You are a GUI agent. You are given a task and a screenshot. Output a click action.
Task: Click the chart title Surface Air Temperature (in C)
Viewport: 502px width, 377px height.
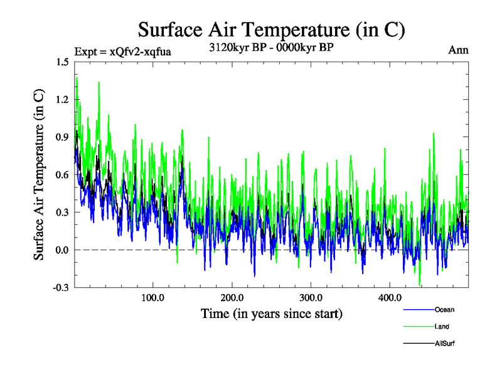tap(271, 30)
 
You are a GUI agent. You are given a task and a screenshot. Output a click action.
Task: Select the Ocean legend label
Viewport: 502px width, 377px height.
tap(444, 310)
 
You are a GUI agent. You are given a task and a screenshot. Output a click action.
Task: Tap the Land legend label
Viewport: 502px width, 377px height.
tap(442, 327)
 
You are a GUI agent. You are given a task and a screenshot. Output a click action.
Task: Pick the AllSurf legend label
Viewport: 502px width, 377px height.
tap(445, 344)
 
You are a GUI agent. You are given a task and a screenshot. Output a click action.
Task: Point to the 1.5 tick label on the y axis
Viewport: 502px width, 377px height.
tap(62, 62)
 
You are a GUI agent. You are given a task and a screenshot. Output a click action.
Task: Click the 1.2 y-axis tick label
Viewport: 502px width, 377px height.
tap(62, 99)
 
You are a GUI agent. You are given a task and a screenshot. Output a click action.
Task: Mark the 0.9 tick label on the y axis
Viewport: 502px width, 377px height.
tap(62, 137)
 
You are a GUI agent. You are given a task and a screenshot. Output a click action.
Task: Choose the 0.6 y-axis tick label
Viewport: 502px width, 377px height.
tap(62, 175)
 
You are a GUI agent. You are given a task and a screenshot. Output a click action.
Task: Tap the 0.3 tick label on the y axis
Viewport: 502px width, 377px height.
tap(62, 212)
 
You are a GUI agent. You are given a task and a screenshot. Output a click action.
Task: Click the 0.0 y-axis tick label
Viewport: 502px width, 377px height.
tap(62, 250)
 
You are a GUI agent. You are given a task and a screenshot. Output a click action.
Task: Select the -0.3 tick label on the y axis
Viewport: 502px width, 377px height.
tap(61, 288)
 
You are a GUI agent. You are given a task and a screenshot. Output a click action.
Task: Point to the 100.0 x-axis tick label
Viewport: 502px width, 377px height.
tap(153, 298)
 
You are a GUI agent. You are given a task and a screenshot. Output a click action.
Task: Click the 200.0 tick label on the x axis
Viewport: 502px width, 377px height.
tap(232, 298)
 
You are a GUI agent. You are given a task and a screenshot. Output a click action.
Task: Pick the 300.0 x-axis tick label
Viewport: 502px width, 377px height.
tap(311, 298)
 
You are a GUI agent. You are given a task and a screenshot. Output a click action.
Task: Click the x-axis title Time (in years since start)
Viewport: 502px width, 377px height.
tap(271, 313)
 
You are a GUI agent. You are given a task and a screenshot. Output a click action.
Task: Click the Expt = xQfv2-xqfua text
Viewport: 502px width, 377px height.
tap(122, 51)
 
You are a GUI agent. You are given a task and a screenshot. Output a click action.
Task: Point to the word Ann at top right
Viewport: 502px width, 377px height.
tap(458, 50)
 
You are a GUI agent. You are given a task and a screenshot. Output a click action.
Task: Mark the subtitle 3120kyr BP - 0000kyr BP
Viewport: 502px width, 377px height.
tap(271, 46)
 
